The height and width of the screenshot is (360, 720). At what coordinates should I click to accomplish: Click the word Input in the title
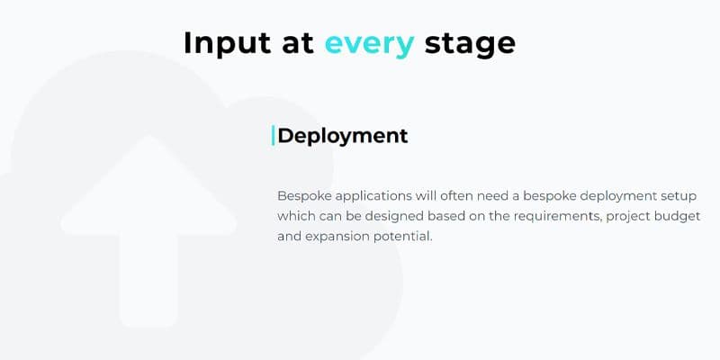point(228,44)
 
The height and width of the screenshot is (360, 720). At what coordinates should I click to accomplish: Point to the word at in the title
point(298,43)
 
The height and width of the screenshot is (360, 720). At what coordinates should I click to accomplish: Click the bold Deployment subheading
point(343,137)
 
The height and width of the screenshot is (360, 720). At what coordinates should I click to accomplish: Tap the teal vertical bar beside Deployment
point(274,136)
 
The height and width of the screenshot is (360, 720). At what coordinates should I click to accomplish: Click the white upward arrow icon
point(148,230)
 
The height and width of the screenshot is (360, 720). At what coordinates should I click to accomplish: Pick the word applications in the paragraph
point(373,197)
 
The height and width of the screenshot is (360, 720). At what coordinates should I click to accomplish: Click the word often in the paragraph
point(456,196)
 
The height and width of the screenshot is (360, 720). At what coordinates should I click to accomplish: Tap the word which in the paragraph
point(294,216)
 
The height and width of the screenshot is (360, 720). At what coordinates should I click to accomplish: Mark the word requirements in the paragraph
point(557,217)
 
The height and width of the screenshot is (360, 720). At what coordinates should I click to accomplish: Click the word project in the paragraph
point(627,217)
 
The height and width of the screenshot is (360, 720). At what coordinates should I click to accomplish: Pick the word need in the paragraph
point(491,196)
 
